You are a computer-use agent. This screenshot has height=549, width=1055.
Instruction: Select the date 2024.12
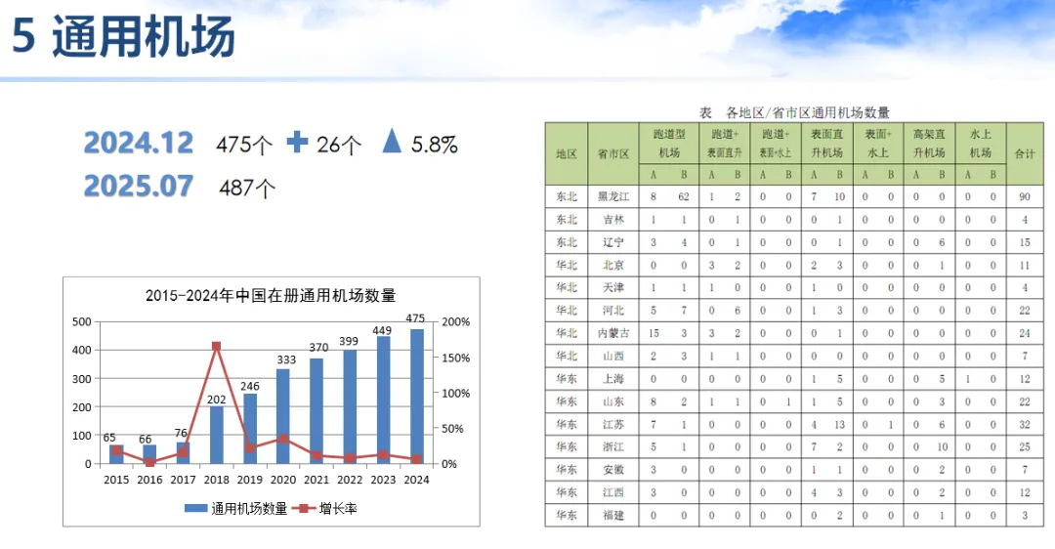click(139, 143)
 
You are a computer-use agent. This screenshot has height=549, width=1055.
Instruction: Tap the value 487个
click(248, 188)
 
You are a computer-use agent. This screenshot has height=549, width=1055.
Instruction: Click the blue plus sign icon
click(297, 143)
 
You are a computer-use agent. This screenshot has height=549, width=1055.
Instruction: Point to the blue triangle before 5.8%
click(392, 143)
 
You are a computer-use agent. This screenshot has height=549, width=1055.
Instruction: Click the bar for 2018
click(216, 434)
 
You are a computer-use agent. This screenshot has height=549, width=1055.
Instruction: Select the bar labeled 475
click(416, 396)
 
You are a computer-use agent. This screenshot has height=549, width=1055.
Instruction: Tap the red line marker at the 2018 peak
click(216, 346)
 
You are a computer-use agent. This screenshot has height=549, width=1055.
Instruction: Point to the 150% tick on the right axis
click(456, 359)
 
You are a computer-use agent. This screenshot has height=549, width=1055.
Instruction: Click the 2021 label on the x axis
click(316, 480)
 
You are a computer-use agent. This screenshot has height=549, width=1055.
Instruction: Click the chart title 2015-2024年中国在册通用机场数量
click(271, 296)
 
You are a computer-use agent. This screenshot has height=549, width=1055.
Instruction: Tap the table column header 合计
click(1025, 153)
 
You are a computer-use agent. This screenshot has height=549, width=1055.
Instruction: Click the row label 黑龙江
click(614, 196)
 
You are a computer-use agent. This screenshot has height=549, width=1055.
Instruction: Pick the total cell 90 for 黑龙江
click(1025, 196)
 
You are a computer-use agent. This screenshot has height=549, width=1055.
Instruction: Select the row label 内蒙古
click(614, 333)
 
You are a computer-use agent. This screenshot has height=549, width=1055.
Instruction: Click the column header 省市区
click(614, 153)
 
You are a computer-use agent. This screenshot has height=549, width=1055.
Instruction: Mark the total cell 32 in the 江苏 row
click(1025, 424)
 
